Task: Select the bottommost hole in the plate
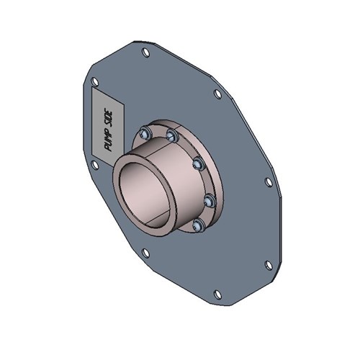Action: point(216,293)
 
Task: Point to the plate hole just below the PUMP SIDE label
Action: point(94,165)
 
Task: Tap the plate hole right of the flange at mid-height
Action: point(269,182)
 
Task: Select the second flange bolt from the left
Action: point(171,135)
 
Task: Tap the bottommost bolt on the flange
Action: point(197,226)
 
